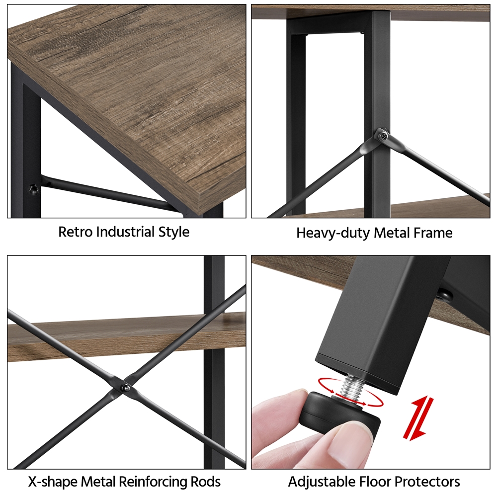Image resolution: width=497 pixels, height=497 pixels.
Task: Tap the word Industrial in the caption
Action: [x=125, y=232]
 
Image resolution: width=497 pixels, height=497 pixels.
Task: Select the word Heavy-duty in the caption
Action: [x=333, y=233]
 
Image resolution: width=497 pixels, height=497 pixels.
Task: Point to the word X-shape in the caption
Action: [x=53, y=482]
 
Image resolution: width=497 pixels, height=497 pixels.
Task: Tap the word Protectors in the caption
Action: [x=428, y=482]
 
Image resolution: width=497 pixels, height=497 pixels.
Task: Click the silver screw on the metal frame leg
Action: [x=384, y=136]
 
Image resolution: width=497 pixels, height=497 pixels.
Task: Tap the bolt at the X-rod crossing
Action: [x=126, y=387]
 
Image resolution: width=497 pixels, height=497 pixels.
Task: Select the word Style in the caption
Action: [x=173, y=232]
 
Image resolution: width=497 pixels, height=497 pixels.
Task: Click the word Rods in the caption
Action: [x=205, y=482]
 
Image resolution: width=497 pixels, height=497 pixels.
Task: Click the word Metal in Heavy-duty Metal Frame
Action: [x=393, y=233]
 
